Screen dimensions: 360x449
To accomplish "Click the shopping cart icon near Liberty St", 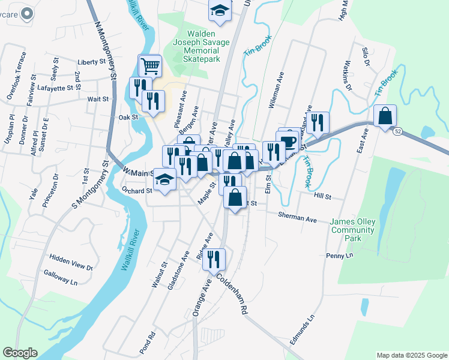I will coord(150,65).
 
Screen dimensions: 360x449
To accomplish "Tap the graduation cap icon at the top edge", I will coord(220,11).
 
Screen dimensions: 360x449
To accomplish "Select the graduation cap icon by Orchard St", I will coord(166,181).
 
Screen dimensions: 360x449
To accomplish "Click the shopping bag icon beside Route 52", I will coord(385,116).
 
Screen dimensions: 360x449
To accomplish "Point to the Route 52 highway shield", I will coord(398,130).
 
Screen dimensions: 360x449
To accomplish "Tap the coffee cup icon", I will coord(289,142).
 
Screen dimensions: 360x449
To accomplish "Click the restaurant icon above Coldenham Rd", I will coord(213,259).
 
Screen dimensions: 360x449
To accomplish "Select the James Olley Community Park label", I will coord(353,230).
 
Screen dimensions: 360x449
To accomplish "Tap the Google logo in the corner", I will coord(20,353).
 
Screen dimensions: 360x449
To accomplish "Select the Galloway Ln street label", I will coord(61,277).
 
